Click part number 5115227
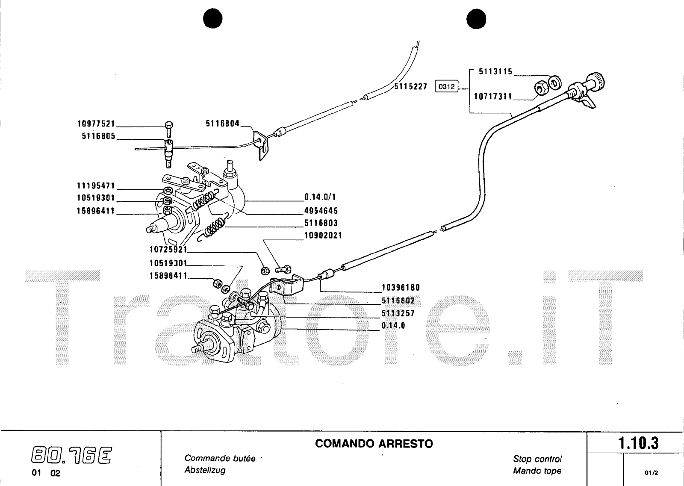coord(410,87)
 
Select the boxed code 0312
coord(446,87)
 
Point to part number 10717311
coord(492,97)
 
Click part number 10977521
coord(96,124)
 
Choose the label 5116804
coord(222,124)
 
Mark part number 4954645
coord(321,210)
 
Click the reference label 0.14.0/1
coord(320,197)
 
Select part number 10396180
coord(401,288)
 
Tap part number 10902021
coord(323,236)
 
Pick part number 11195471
coord(96,186)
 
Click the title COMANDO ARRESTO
coord(374,444)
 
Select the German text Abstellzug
coord(205,470)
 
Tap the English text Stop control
coord(537,459)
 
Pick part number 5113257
coord(398,313)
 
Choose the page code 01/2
coord(651,473)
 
